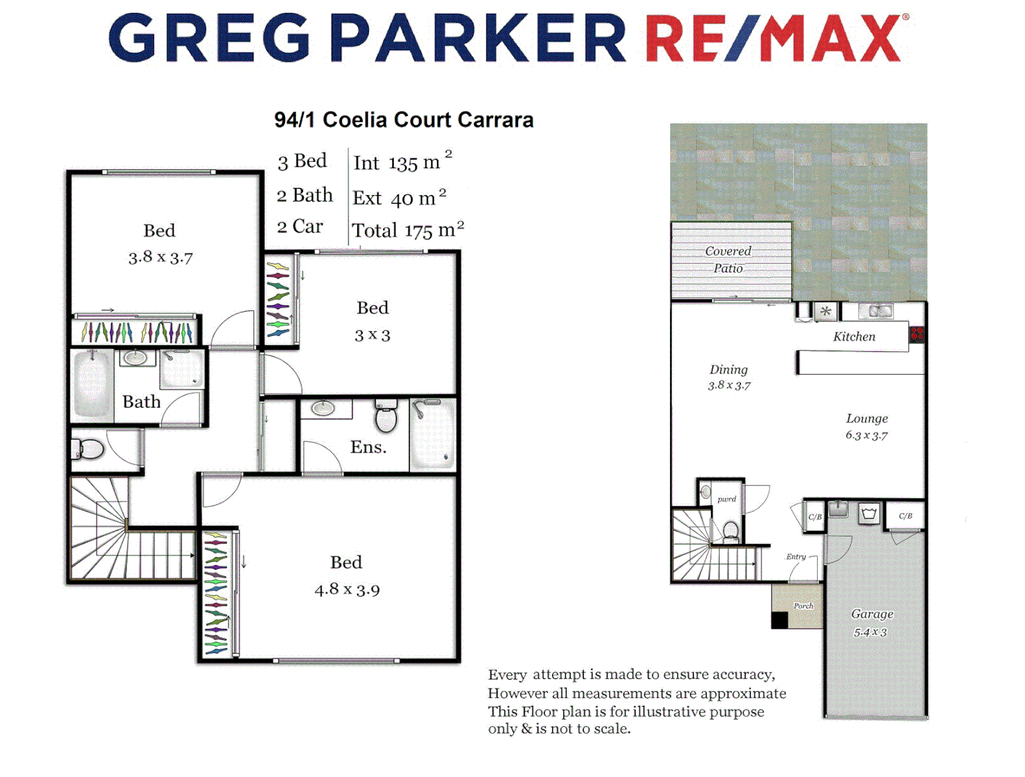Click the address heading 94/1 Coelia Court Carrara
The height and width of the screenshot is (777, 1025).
pyautogui.click(x=404, y=119)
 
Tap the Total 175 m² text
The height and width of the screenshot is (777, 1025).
pyautogui.click(x=407, y=230)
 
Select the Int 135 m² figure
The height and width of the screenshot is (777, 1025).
pyautogui.click(x=402, y=163)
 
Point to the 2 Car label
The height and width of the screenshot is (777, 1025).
pyautogui.click(x=300, y=227)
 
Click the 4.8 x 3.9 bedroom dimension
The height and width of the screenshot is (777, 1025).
pyautogui.click(x=347, y=590)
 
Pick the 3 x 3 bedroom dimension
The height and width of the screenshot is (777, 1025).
pyautogui.click(x=372, y=335)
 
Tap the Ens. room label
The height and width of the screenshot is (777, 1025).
pyautogui.click(x=368, y=447)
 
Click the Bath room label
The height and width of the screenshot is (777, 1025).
pyautogui.click(x=141, y=401)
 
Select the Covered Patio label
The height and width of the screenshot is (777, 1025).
pyautogui.click(x=728, y=260)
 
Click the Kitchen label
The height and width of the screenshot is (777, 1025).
pyautogui.click(x=854, y=337)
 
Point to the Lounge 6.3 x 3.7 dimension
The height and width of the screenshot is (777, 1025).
pyautogui.click(x=867, y=435)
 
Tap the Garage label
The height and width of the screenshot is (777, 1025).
pyautogui.click(x=872, y=614)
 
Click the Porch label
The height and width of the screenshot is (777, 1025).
pyautogui.click(x=803, y=606)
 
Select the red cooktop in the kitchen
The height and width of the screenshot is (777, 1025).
pyautogui.click(x=916, y=334)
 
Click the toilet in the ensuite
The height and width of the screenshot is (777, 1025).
pyautogui.click(x=387, y=417)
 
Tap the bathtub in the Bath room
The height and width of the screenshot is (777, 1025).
pyautogui.click(x=93, y=383)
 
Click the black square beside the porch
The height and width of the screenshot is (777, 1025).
pyautogui.click(x=780, y=620)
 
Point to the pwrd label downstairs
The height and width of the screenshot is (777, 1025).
pyautogui.click(x=726, y=499)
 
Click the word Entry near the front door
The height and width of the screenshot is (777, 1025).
pyautogui.click(x=795, y=556)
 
